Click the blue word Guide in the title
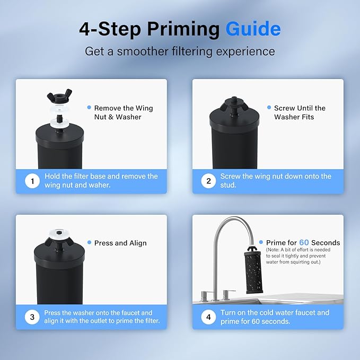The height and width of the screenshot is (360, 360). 253,29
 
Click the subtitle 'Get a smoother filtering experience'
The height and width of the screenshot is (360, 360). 180,51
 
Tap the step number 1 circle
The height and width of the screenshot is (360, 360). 32,181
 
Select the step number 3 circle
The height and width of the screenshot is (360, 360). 32,317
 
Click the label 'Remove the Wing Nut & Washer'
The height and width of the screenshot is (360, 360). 123,112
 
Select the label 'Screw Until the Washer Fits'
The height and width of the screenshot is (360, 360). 300,112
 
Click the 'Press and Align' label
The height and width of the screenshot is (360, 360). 120,243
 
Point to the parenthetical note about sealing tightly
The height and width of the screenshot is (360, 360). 302,257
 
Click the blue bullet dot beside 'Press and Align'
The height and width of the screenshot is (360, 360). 89,243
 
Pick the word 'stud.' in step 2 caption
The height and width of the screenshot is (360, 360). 229,186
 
